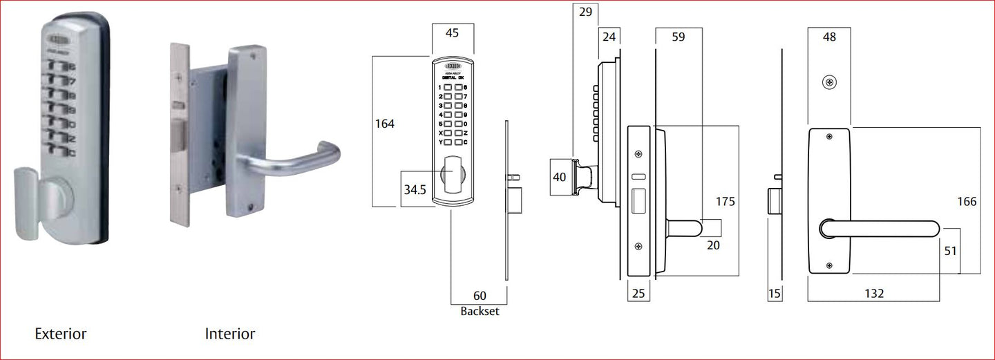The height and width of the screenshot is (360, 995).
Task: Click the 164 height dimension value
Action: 384,124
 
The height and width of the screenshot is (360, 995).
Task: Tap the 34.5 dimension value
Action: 415,189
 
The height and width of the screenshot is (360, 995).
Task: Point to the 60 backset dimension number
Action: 480,296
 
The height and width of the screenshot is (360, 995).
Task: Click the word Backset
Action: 480,311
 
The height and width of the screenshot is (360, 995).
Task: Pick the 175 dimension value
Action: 725,202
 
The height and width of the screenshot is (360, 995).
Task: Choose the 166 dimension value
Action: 967,202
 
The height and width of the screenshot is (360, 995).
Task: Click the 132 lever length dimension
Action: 873,294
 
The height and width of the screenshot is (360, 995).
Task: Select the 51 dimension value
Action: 950,251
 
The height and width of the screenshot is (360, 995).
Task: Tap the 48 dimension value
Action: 829,37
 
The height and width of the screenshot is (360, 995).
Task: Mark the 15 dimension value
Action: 775,294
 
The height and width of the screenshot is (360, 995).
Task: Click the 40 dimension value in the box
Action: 560,178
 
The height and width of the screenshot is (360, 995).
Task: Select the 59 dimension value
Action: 678,37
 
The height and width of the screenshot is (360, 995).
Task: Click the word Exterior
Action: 61,334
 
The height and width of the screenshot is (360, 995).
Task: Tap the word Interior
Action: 230,334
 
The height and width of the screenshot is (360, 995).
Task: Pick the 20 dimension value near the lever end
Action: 713,245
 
